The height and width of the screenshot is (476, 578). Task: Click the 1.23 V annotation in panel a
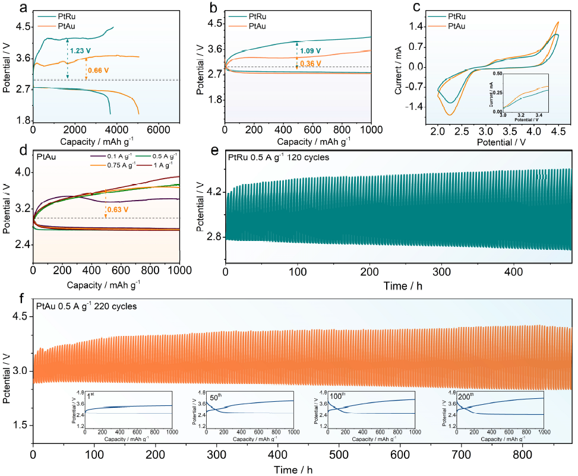pyautogui.click(x=80, y=50)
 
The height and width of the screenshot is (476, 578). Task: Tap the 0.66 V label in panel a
pyautogui.click(x=98, y=70)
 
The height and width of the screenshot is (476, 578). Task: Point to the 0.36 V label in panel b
pyautogui.click(x=309, y=64)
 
